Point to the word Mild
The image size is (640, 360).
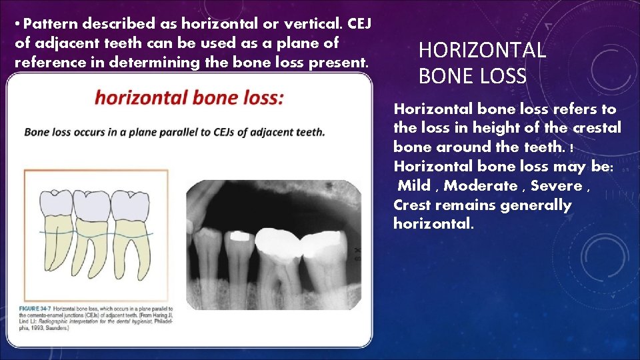414,185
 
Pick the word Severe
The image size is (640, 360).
556,185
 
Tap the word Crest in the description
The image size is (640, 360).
414,205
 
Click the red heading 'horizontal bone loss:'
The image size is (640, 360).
189,98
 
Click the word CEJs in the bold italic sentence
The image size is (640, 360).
226,132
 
